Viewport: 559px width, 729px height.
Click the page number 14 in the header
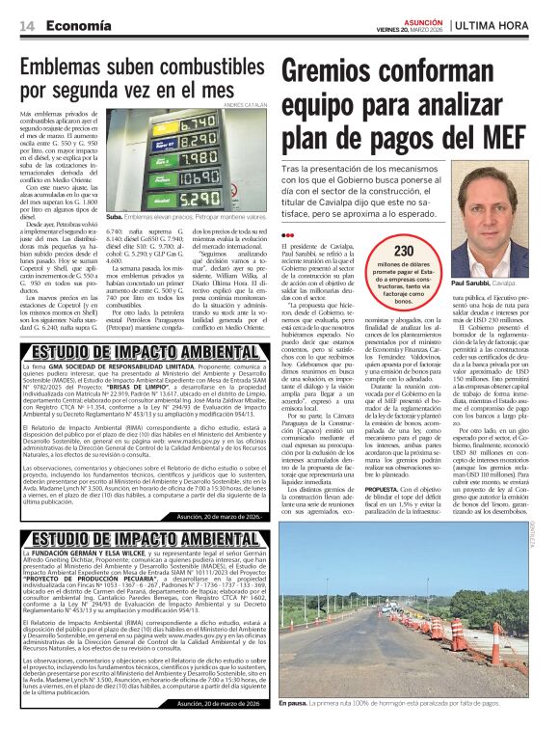point(29,26)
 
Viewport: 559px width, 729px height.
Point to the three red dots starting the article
point(286,236)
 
